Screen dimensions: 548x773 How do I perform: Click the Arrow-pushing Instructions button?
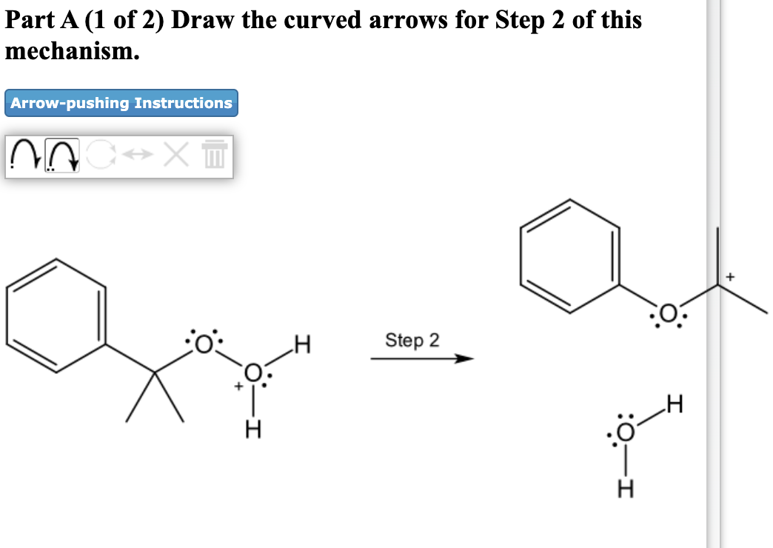tap(121, 103)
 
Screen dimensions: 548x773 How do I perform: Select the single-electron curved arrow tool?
tap(26, 156)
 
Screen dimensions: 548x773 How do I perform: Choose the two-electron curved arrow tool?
tap(63, 156)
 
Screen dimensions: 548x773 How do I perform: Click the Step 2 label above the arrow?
tap(412, 341)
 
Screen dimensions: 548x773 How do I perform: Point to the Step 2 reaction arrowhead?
tap(464, 360)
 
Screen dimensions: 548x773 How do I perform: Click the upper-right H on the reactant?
tap(301, 344)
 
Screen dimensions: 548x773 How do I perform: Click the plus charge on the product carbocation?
tap(730, 277)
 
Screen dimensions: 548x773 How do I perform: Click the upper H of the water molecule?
tap(673, 404)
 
